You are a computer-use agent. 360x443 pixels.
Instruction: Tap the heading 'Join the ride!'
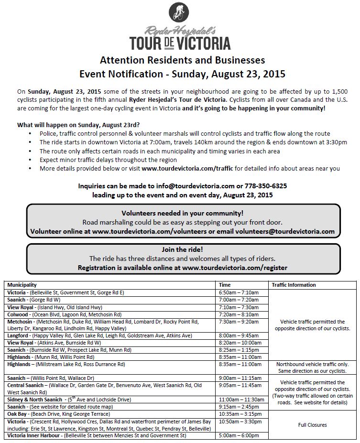tap(182, 250)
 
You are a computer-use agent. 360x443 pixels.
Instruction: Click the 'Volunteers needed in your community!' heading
tap(182, 213)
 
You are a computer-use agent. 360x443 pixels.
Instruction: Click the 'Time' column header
tap(225, 285)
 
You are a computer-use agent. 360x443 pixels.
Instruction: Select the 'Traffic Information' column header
tap(294, 285)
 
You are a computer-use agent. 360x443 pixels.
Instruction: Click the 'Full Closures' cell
tap(313, 424)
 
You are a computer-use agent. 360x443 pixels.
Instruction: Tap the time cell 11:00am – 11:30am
tap(241, 399)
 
